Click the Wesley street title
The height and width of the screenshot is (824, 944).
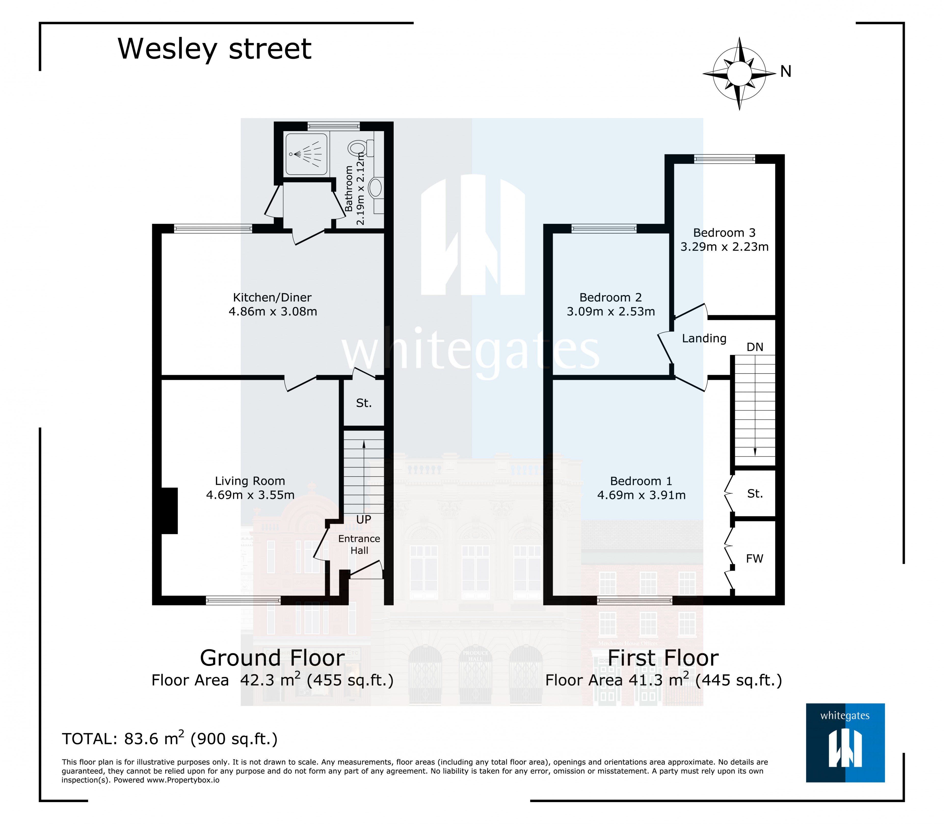tap(215, 49)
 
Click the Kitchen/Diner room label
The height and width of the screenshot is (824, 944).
tap(272, 298)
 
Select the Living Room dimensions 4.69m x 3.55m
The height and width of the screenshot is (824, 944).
tap(250, 495)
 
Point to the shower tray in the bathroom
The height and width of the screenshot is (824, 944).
tap(306, 154)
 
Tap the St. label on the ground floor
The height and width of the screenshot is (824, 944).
tap(364, 403)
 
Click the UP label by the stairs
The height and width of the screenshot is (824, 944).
tap(364, 520)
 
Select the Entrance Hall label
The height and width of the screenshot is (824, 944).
tap(359, 544)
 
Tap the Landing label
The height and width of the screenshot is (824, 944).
tap(704, 338)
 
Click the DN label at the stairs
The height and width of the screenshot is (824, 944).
tap(755, 347)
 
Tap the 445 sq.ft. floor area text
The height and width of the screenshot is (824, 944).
tap(738, 680)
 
